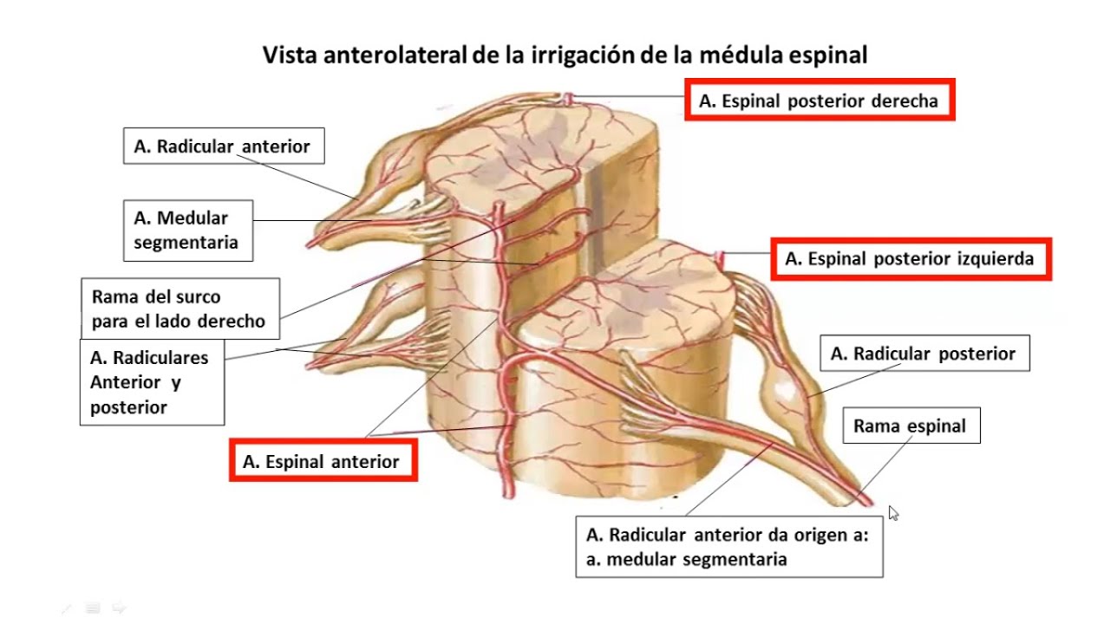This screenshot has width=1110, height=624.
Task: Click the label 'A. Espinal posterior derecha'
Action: point(819,101)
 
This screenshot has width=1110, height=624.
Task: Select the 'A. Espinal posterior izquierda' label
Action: point(910,259)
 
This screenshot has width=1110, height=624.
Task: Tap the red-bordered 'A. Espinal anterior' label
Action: point(322,462)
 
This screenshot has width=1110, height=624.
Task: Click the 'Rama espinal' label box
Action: point(910,426)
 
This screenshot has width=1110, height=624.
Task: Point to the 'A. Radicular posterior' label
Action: point(923,354)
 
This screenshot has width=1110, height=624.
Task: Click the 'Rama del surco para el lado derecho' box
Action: point(180,309)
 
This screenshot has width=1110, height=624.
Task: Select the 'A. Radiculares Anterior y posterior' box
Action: point(151,382)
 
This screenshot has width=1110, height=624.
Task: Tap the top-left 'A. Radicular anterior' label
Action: point(222,146)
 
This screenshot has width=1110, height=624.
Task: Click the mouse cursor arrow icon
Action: point(894,514)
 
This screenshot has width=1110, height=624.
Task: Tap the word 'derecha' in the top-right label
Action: point(906,101)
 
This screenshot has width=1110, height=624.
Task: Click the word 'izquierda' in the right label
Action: point(996,259)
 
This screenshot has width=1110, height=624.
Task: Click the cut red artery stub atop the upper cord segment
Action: point(568,99)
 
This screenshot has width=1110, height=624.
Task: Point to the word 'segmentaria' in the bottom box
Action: point(735,559)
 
